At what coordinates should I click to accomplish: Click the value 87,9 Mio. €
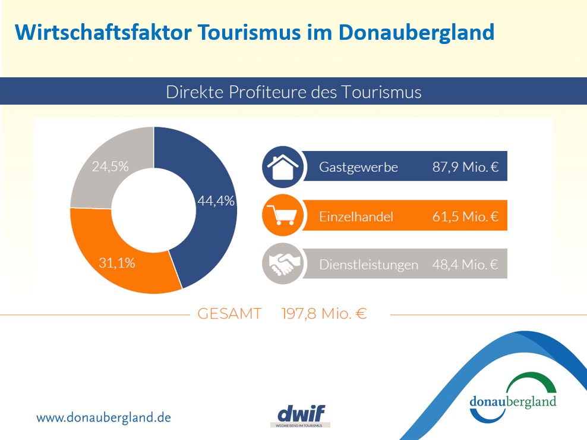click(x=465, y=168)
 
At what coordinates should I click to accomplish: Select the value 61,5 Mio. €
click(x=465, y=217)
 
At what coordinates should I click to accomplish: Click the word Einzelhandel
click(x=356, y=217)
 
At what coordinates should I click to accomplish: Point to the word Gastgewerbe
click(x=358, y=168)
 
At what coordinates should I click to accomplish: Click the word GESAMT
click(x=229, y=315)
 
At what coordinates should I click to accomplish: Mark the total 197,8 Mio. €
click(x=324, y=315)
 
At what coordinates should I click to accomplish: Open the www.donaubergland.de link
click(x=103, y=417)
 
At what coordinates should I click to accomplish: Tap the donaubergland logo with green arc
click(x=513, y=395)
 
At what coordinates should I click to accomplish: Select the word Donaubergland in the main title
click(x=416, y=32)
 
